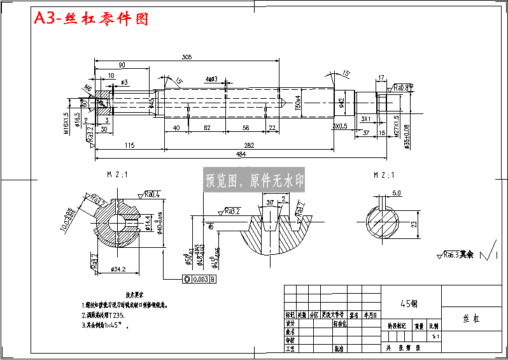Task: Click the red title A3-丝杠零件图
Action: coord(91,19)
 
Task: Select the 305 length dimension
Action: coord(186,57)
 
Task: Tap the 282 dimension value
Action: coord(249,146)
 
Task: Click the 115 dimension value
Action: coord(129,146)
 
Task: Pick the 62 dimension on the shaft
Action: coord(208,128)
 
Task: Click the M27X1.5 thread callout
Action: coord(396,126)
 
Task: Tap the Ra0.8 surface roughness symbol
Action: coord(402,87)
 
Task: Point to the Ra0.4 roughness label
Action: coord(152,194)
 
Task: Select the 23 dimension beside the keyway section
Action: coord(415,224)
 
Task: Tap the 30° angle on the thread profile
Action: coord(269,202)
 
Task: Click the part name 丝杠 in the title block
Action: coord(472,319)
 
